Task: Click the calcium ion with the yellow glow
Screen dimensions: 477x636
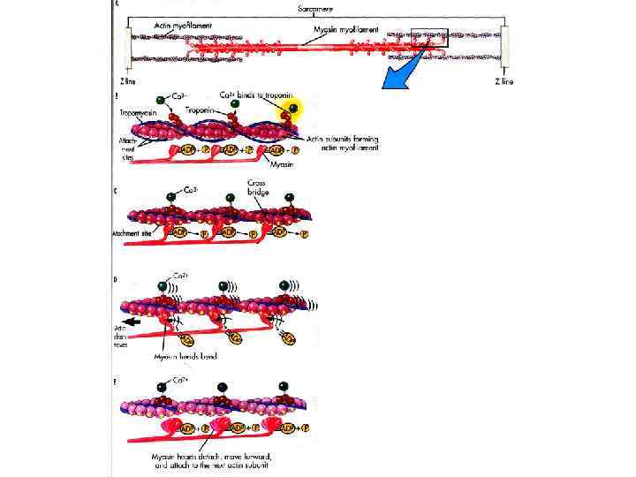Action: [290, 110]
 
